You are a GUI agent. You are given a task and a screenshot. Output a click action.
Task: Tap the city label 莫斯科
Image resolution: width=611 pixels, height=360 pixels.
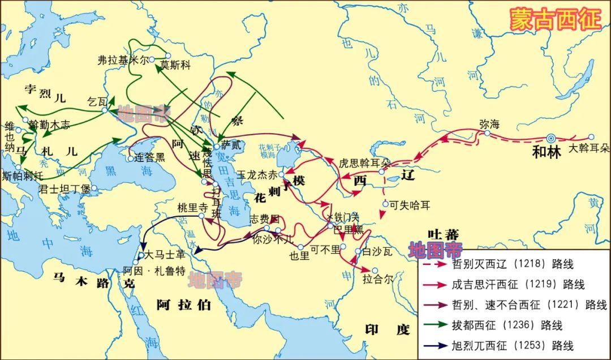tap(177, 65)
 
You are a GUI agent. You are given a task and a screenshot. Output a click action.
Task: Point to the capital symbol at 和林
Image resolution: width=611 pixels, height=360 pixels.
tap(550, 138)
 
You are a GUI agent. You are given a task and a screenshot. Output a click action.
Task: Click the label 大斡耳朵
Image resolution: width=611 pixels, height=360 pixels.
tap(588, 149)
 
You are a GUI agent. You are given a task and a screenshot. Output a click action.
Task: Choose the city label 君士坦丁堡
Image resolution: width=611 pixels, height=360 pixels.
tap(64, 189)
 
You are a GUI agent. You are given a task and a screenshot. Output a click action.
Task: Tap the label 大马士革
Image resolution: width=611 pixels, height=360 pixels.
tap(165, 255)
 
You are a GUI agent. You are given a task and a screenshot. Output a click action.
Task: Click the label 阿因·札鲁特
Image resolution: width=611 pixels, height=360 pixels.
tap(154, 271)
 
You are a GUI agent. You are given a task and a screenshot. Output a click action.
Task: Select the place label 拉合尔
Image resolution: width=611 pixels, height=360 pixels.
tap(377, 280)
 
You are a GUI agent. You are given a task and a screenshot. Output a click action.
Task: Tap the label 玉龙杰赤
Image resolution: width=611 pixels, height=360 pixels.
tap(257, 175)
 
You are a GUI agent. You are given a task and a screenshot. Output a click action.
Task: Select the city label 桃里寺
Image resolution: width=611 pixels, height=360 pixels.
tap(192, 207)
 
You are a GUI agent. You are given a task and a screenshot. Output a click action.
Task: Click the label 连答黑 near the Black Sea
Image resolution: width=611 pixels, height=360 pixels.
tap(150, 157)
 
